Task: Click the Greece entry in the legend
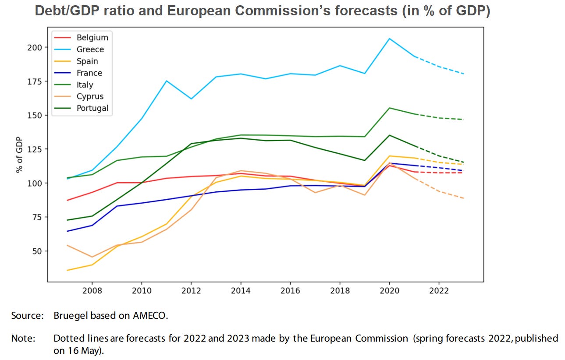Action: [90, 49]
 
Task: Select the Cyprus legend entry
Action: [90, 96]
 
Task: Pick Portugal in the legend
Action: [92, 108]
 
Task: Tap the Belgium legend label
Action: [92, 38]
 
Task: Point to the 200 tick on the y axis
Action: [35, 47]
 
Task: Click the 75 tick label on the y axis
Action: [37, 217]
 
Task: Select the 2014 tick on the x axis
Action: [240, 291]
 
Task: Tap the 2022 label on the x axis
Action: [439, 291]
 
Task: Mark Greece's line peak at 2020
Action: [390, 39]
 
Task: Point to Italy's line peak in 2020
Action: [390, 108]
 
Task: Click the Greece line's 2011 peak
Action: [167, 81]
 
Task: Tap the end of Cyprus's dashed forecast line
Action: [464, 198]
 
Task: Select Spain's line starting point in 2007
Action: [67, 270]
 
